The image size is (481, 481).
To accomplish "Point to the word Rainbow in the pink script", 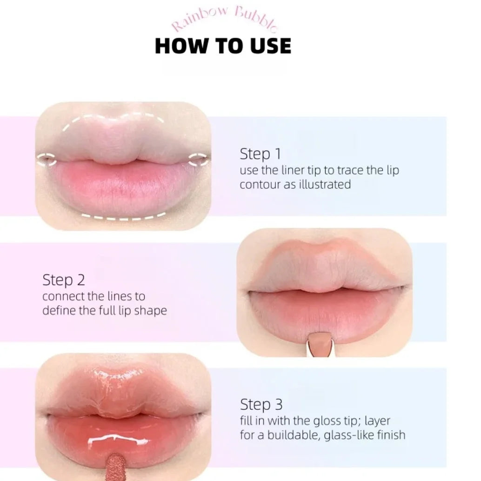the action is (x=200, y=19).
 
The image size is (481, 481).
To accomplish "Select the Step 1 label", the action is (x=260, y=154).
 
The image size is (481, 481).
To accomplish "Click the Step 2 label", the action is (x=64, y=280).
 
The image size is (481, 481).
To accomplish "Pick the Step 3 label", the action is (x=261, y=404).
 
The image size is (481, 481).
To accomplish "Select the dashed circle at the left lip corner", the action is (x=47, y=160).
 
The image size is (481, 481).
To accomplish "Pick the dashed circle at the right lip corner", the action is (x=199, y=160).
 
